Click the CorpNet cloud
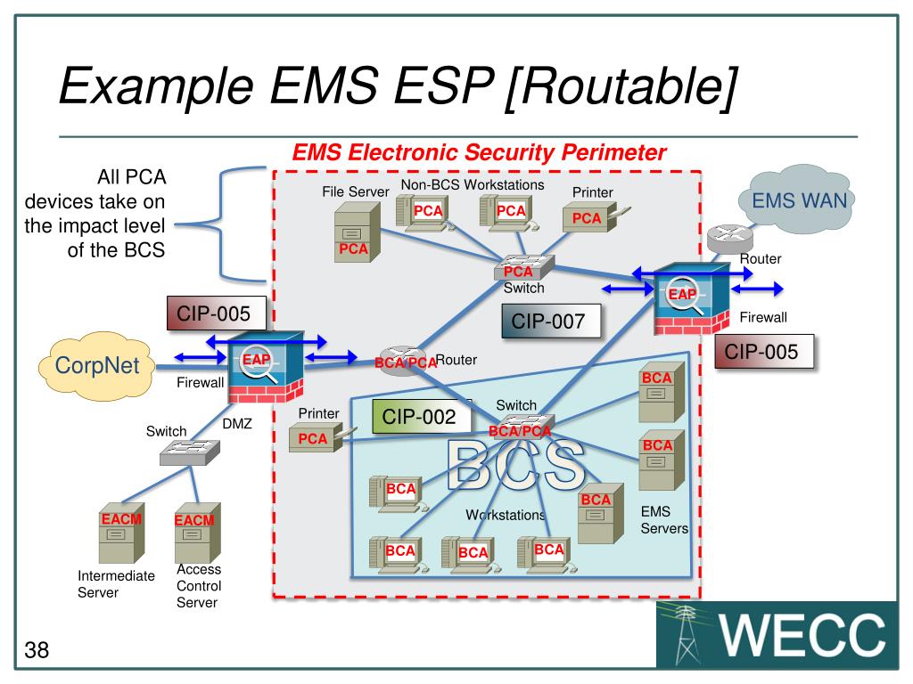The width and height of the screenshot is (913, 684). coord(96,366)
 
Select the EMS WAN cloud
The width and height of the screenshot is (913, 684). coord(797,199)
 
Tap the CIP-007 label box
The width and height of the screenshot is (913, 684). coord(551,321)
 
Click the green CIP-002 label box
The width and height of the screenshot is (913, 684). coord(421,417)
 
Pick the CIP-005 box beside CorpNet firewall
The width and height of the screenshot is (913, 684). coord(217,313)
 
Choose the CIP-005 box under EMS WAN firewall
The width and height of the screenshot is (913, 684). coord(764,351)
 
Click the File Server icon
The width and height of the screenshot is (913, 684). coord(357,232)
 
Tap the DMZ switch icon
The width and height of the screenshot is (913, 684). coord(190,452)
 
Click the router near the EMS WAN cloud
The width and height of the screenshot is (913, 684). coord(729,239)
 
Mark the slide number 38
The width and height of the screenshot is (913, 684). coord(37,649)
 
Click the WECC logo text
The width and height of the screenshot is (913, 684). coord(802,635)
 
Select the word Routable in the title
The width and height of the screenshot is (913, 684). coord(621,86)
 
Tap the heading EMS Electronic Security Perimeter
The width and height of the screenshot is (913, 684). coord(479,152)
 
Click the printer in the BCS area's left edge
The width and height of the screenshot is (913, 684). coord(321,438)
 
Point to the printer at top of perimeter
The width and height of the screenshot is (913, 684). coord(595,219)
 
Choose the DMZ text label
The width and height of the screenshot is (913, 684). coord(237,423)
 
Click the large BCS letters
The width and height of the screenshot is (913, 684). coord(516,464)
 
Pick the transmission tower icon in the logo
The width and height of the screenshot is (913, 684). coord(686,635)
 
